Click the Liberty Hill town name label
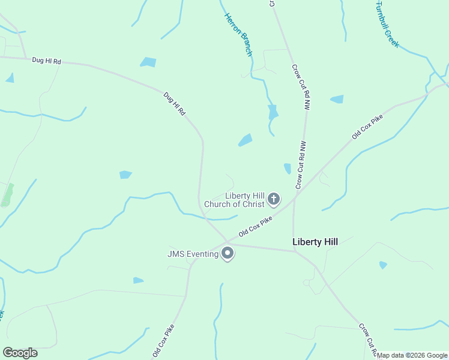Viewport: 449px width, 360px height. coord(315,242)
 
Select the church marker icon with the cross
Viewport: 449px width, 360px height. coord(274,199)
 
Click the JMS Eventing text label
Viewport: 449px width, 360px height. coord(193,254)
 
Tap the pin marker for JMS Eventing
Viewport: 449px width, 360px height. coord(228,253)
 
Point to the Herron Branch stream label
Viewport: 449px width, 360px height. coord(238,35)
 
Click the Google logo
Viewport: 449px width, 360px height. coord(20,353)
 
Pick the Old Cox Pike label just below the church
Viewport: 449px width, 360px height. coord(256,226)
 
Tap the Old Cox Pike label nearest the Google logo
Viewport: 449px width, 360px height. coord(163,341)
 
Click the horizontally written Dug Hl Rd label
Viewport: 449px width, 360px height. coord(47,61)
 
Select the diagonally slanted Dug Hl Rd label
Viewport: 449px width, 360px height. coord(175,103)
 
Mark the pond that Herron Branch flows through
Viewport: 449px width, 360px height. coord(273,112)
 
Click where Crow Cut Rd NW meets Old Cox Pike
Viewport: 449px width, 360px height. coord(294,199)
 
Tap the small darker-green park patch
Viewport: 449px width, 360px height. coord(7,195)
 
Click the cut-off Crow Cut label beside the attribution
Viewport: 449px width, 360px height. coord(367,340)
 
